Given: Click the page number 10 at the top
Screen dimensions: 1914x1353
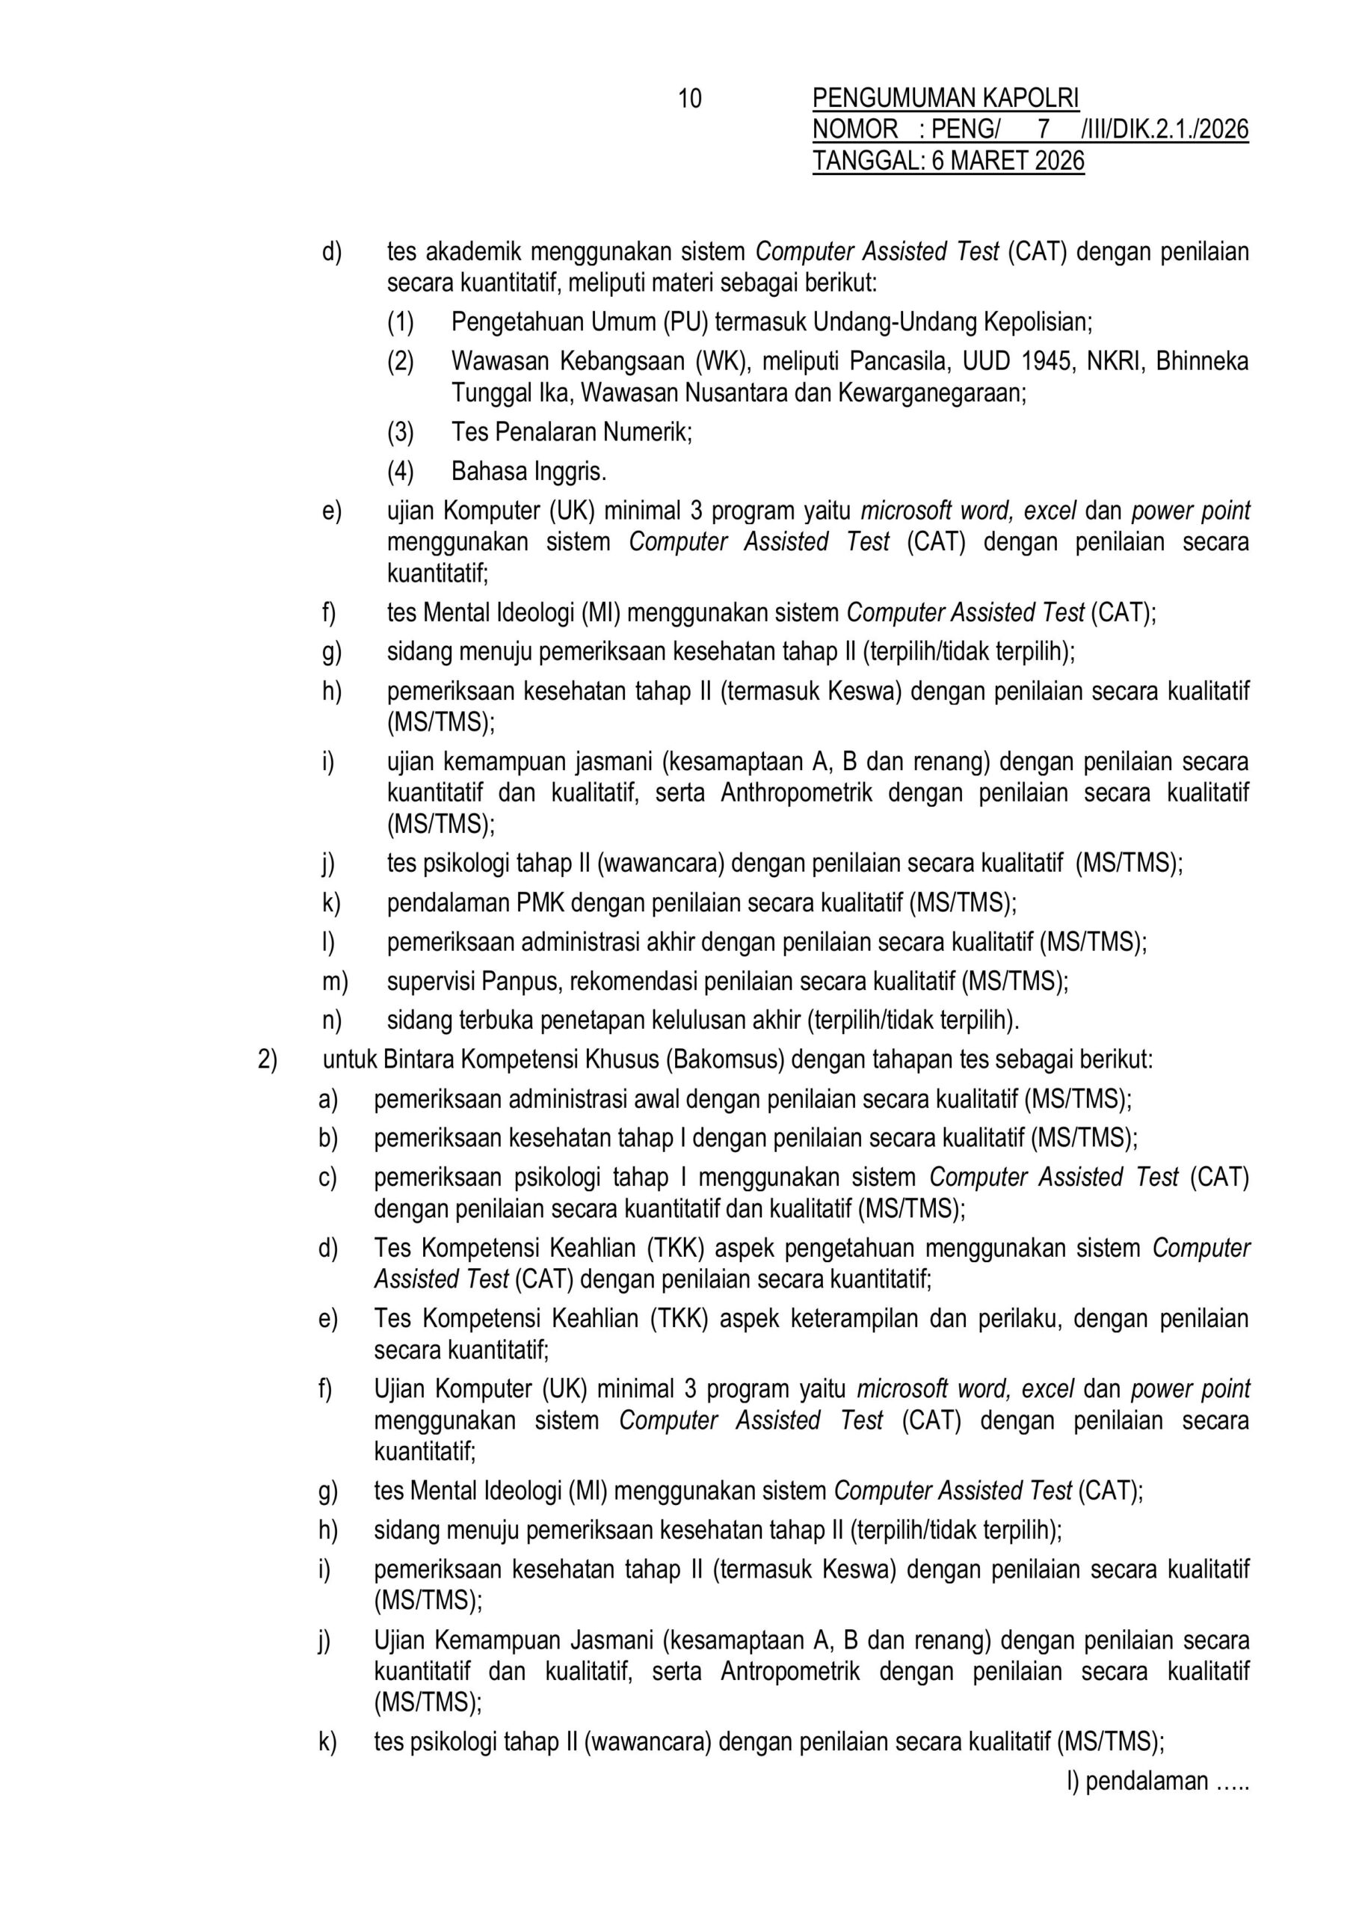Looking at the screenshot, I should tap(689, 99).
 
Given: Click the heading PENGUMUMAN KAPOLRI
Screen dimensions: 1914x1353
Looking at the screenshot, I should tap(946, 99).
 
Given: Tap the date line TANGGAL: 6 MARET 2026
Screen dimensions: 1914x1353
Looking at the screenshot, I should tap(948, 160).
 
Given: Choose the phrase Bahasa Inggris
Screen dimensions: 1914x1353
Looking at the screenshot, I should tap(528, 472).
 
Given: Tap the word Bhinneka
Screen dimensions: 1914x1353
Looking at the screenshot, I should tap(1201, 361).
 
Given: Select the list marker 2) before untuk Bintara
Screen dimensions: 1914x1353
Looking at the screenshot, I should tap(267, 1059).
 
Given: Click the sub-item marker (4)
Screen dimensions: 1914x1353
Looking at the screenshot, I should tap(400, 472).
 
